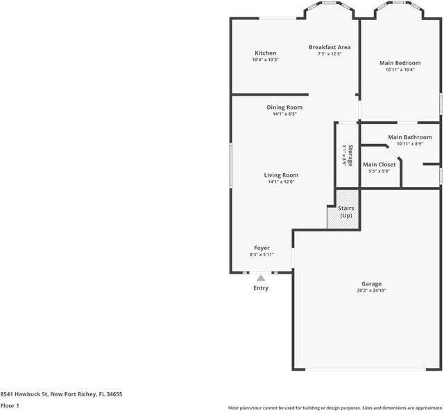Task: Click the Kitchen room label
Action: pos(265,53)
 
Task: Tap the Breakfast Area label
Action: pos(330,47)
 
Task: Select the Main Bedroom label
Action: pos(400,63)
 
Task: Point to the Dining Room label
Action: pos(284,107)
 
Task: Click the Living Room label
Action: pos(281,175)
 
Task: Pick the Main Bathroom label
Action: pos(409,137)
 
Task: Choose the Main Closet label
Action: pos(379,164)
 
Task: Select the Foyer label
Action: pos(262,248)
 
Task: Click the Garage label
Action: pos(371,284)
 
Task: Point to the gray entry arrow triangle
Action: pos(261,278)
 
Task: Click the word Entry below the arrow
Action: pos(261,288)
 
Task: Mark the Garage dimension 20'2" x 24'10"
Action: pos(371,291)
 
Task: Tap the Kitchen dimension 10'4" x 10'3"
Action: pos(265,60)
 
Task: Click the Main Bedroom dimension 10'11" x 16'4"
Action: pos(400,69)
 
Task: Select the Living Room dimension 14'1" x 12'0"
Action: pos(281,182)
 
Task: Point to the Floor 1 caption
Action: pos(10,405)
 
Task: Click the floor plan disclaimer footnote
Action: pos(335,408)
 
